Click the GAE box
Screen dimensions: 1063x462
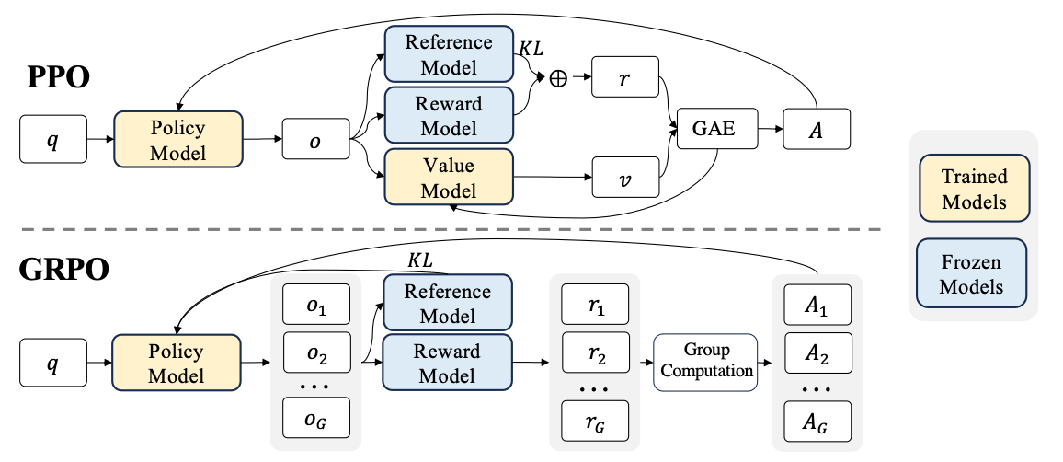click(x=716, y=128)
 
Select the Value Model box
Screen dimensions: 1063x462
click(x=449, y=178)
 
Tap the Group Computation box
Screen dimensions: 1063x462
click(x=705, y=363)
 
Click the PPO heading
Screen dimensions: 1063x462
click(x=59, y=77)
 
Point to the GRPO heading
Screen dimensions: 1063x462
click(x=64, y=270)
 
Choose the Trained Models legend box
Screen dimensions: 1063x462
click(x=974, y=188)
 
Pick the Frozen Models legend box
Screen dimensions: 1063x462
click(x=971, y=272)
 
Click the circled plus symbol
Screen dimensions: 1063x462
click(x=558, y=79)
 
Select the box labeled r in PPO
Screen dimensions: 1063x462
click(x=625, y=77)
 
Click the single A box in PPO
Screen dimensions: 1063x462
click(x=817, y=129)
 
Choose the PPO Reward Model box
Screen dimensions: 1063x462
click(x=449, y=116)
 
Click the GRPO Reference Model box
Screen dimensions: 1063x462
click(x=448, y=304)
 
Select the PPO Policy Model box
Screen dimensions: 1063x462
click(x=177, y=139)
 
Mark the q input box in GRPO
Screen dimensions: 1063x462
click(x=53, y=363)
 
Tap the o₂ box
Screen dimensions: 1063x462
click(x=316, y=352)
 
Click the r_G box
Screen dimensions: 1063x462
click(x=595, y=422)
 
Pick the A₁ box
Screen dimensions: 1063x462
click(x=817, y=306)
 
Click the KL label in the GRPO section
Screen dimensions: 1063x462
click(x=419, y=260)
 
